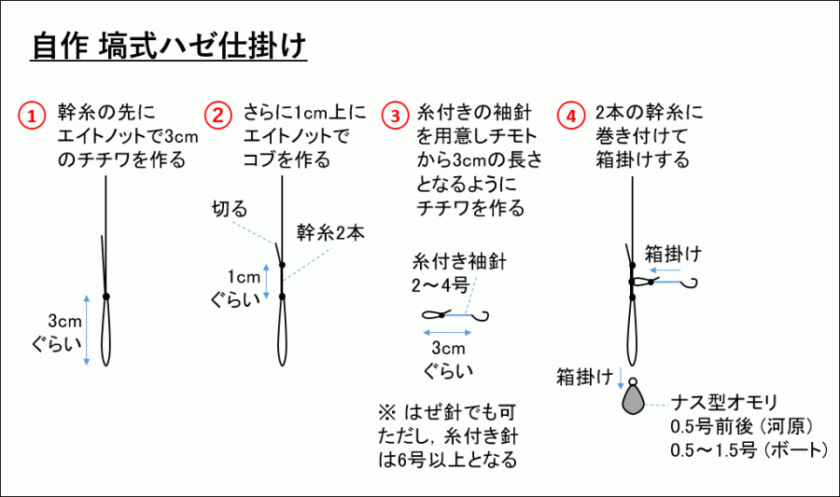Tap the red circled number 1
click(x=33, y=116)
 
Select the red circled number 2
click(x=217, y=116)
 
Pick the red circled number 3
click(x=397, y=116)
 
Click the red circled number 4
click(x=571, y=116)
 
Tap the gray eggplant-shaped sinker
click(x=632, y=398)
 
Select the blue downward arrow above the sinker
click(x=620, y=377)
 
